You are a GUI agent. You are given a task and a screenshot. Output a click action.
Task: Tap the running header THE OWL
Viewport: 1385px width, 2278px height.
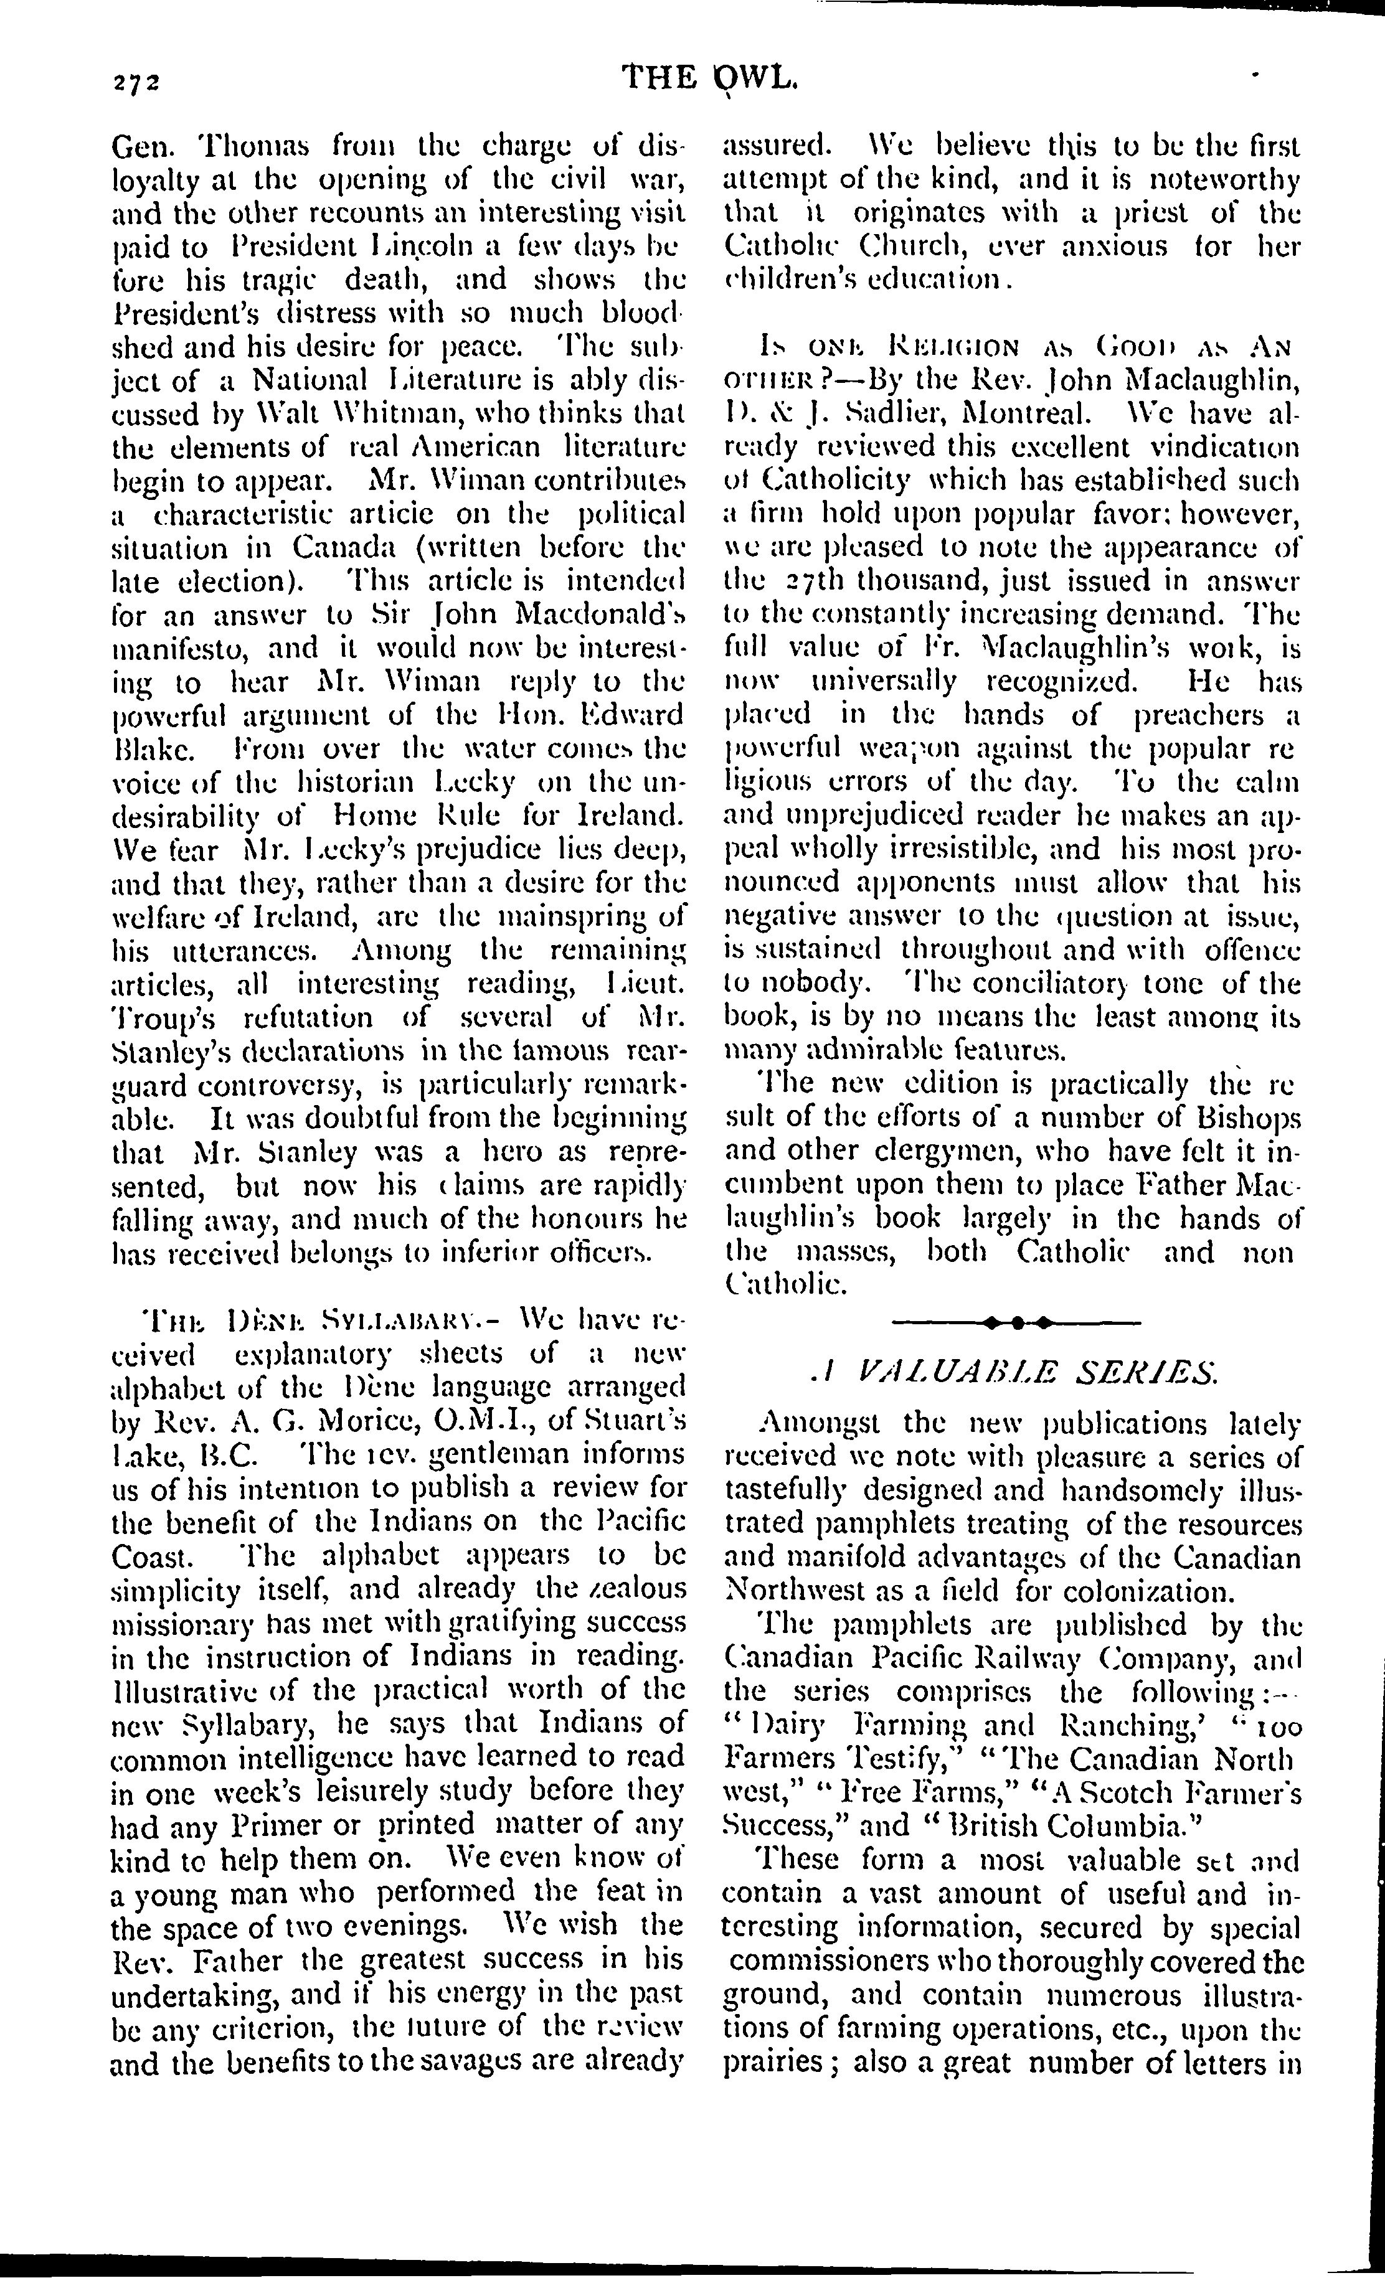click(709, 78)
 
